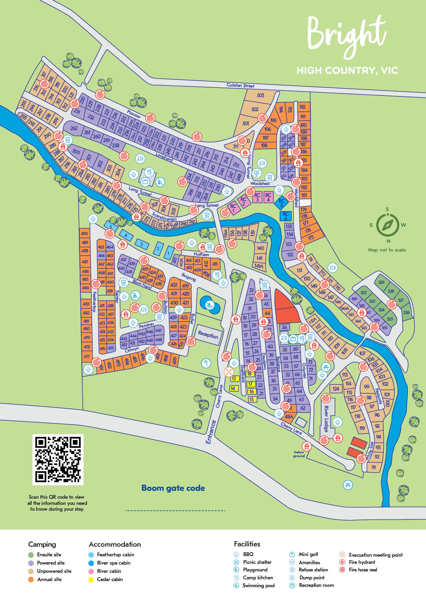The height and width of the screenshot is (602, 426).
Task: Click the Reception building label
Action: (x=208, y=335)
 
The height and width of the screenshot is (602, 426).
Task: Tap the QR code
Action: (x=58, y=460)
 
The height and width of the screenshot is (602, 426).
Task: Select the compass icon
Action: (x=388, y=225)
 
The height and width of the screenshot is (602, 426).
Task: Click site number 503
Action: (x=260, y=95)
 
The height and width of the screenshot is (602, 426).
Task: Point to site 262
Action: (x=74, y=128)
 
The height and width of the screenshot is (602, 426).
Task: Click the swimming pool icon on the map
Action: (x=209, y=304)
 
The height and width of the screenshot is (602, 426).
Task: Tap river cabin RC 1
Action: (x=233, y=208)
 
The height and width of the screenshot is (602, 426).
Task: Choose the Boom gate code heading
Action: (x=173, y=488)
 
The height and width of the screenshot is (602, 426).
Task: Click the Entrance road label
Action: (x=211, y=432)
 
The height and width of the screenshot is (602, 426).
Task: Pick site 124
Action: (x=336, y=389)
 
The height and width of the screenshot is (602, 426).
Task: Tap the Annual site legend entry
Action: (x=49, y=579)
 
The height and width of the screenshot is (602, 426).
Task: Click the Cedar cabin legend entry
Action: (x=110, y=579)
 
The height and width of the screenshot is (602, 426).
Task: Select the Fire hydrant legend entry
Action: (x=362, y=562)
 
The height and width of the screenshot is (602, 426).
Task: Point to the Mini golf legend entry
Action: (x=308, y=554)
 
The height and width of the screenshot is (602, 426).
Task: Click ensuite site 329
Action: (x=381, y=282)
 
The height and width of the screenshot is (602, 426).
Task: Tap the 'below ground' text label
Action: (x=299, y=454)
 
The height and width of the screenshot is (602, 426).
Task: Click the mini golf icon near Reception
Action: (x=205, y=363)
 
